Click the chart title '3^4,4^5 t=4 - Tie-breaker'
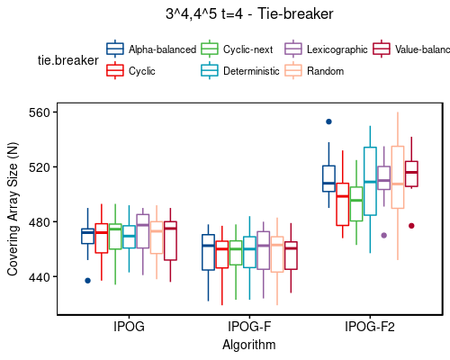point(249,15)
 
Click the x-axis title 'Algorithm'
point(249,344)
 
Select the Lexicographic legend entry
point(337,49)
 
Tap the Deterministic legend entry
point(249,70)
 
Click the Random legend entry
point(325,70)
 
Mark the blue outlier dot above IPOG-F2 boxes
point(328,121)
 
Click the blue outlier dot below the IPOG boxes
point(87,281)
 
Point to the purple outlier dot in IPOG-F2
point(384,235)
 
